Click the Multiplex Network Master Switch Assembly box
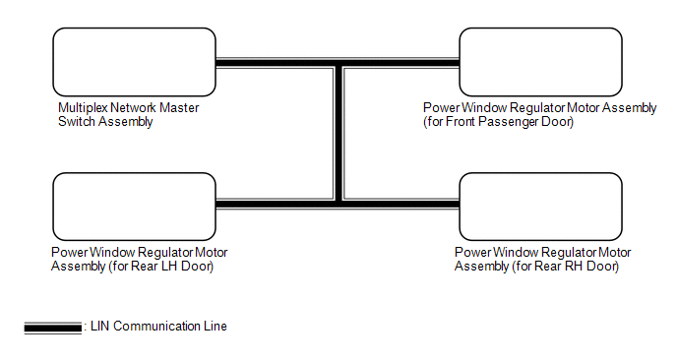(134, 62)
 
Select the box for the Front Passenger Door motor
(540, 62)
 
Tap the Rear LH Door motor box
(134, 207)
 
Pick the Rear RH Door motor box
(540, 207)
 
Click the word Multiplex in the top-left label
(83, 108)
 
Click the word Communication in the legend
(157, 326)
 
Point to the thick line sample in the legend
(53, 329)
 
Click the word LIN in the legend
(99, 326)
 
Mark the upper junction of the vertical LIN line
(338, 63)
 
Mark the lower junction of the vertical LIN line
(338, 204)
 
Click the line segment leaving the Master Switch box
(275, 63)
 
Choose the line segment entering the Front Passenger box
(401, 63)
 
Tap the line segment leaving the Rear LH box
(275, 204)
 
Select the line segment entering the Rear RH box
(401, 204)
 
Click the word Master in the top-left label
(179, 108)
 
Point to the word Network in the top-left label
(134, 108)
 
